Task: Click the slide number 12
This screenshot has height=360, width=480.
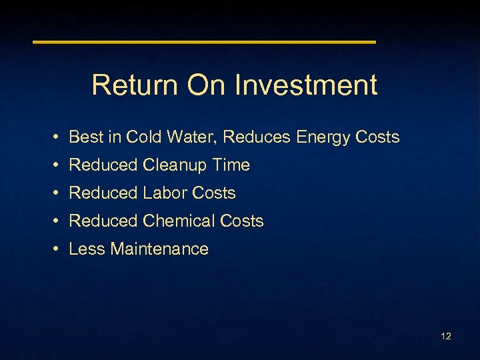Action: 446,336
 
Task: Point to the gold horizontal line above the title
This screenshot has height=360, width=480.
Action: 205,42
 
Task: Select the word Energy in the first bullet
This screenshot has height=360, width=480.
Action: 324,137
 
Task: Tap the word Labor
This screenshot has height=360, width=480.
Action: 165,193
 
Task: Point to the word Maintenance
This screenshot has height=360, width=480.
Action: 159,249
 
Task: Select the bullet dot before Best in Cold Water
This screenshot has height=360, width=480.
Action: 59,137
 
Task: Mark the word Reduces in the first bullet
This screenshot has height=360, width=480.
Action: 257,137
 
